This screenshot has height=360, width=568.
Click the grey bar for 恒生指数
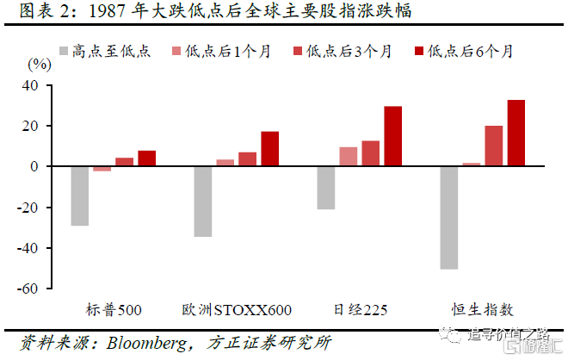pos(449,218)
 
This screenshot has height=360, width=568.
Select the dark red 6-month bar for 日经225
pos(392,136)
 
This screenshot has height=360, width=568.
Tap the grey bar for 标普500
pos(80,196)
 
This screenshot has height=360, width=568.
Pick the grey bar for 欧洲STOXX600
pos(203,202)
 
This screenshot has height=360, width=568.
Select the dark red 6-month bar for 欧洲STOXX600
pos(269,149)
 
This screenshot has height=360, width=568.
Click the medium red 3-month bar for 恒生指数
pos(494,146)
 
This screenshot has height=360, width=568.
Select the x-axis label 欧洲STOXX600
pos(237,310)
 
